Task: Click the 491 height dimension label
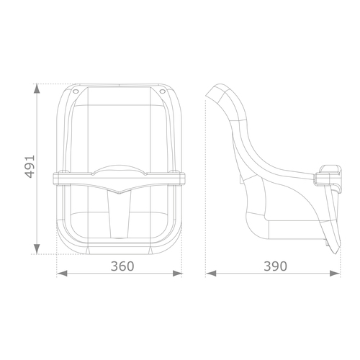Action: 30,167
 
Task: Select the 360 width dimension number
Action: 122,266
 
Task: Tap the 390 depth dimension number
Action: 275,266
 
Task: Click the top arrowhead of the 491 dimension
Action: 37,89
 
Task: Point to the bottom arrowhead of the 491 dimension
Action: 37,249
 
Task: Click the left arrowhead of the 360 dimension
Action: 62,273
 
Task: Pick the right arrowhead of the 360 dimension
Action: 177,273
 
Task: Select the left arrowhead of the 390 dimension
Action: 211,273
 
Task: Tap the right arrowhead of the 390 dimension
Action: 335,273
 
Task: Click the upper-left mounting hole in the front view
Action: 76,91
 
